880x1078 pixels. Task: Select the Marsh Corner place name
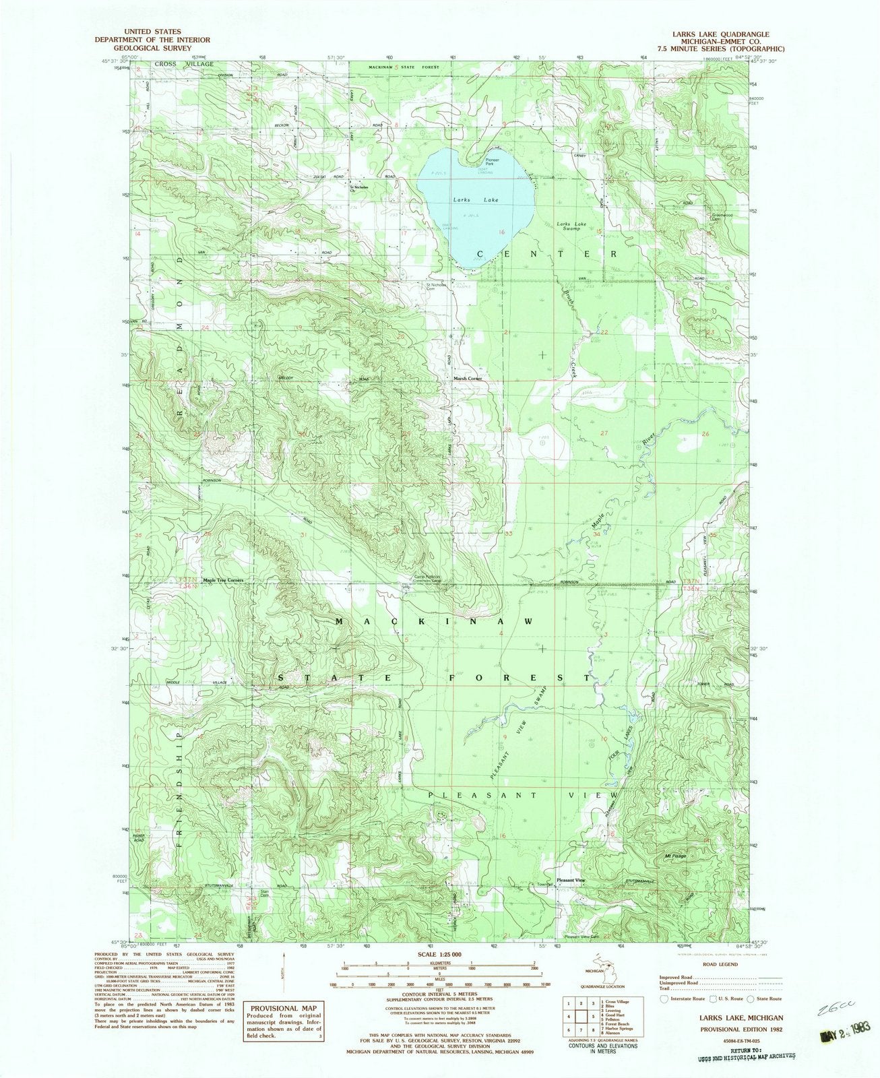467,379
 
